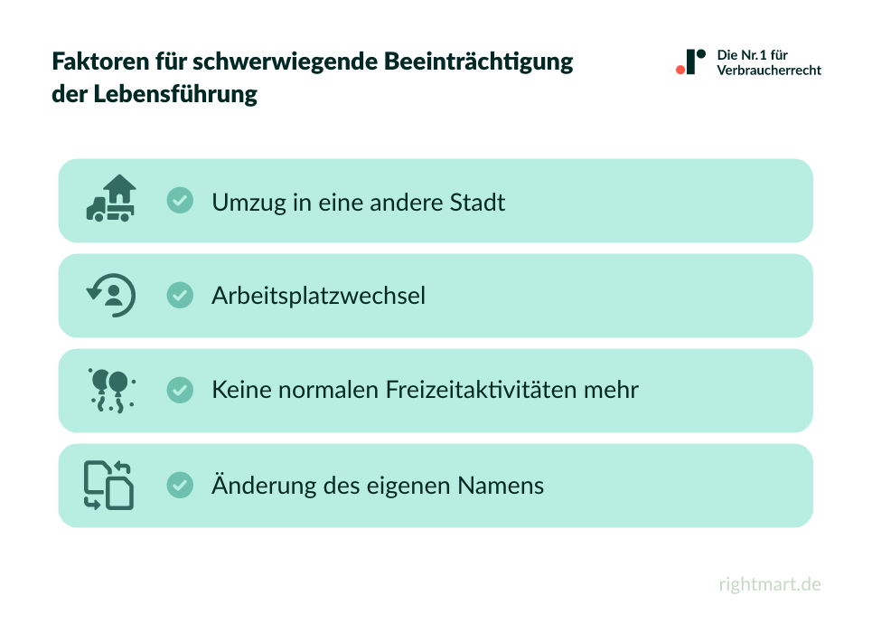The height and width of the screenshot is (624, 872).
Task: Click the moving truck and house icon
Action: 111,199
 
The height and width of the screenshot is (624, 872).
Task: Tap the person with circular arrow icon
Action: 111,295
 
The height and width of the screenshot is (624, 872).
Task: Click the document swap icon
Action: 109,486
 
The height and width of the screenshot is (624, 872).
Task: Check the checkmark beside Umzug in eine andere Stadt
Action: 180,200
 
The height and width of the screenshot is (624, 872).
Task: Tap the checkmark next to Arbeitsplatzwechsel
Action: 180,295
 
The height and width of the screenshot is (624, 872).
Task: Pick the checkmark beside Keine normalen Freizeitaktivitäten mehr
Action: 180,391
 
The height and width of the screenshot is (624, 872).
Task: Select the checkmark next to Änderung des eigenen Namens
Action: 180,486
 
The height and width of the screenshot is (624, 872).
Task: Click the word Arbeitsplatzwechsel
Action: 318,296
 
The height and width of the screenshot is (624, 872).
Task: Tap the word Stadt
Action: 477,202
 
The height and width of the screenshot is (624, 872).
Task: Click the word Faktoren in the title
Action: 94,62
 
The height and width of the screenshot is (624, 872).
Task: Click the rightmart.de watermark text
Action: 770,584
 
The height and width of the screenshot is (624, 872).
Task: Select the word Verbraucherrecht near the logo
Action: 769,71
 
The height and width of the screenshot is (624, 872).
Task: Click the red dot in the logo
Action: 680,69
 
